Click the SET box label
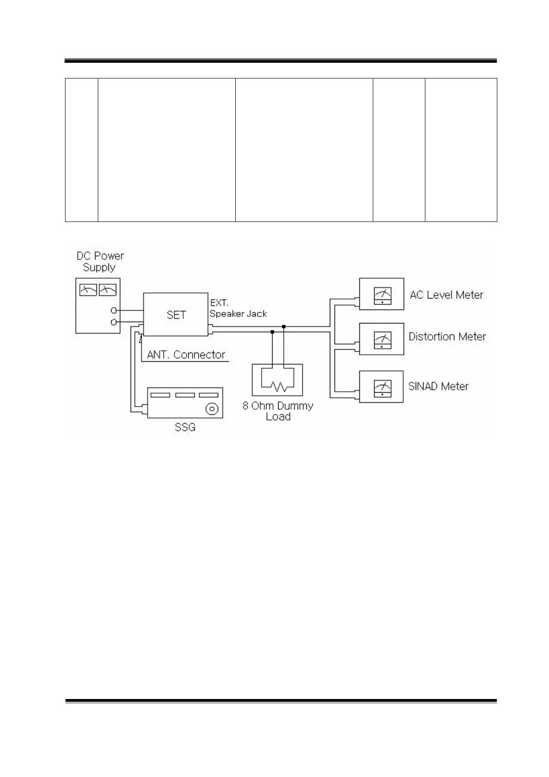176,315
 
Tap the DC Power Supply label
100,262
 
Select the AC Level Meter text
446,295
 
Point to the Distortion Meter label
447,337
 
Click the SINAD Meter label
438,386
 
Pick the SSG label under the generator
185,427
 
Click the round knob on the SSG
212,408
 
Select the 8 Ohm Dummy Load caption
278,411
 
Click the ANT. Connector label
186,355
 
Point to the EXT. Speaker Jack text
238,309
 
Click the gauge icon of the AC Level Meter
382,296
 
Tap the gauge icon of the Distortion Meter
382,340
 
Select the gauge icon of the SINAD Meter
382,388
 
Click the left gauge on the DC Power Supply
88,290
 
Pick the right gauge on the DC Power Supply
108,290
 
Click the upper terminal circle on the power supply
113,311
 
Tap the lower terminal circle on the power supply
113,322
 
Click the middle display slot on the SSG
185,395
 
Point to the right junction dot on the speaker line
284,327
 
